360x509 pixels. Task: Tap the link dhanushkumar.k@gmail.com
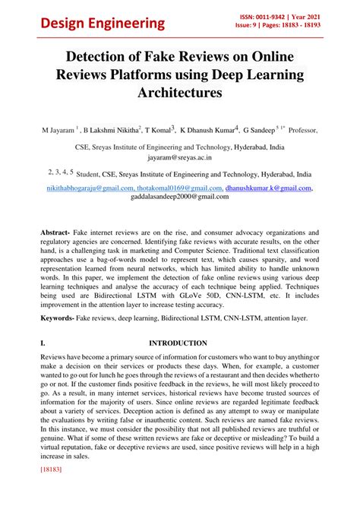coord(268,188)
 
